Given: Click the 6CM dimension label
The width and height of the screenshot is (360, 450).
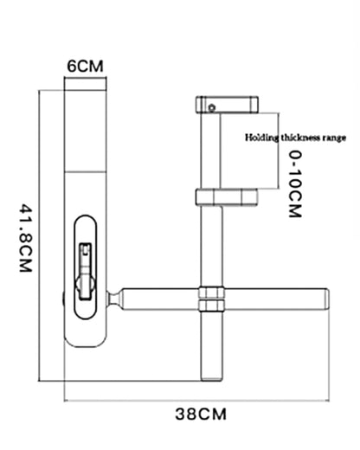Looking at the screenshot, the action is pyautogui.click(x=85, y=66).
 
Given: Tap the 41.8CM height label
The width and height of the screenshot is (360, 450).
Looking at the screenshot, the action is pyautogui.click(x=26, y=238).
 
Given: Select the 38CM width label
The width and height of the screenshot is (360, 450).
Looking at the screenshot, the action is pyautogui.click(x=201, y=414).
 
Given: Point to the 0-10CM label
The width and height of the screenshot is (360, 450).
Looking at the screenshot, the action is pyautogui.click(x=295, y=184).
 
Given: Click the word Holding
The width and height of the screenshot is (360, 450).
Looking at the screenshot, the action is pyautogui.click(x=261, y=138).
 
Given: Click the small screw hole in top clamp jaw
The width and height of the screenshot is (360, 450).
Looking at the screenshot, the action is pyautogui.click(x=212, y=108).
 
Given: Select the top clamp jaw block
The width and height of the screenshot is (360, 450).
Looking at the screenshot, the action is pyautogui.click(x=227, y=105).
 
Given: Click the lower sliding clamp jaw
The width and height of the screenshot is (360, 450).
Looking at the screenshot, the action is pyautogui.click(x=226, y=196).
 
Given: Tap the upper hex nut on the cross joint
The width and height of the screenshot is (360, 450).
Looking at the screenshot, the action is pyautogui.click(x=211, y=292).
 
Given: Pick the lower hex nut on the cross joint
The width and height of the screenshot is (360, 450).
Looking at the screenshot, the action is pyautogui.click(x=211, y=305).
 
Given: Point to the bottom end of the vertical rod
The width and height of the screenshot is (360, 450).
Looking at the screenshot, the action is pyautogui.click(x=212, y=380).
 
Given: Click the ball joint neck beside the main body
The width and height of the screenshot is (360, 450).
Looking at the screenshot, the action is pyautogui.click(x=113, y=299).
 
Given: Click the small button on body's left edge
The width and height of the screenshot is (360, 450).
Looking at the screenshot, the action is pyautogui.click(x=63, y=299).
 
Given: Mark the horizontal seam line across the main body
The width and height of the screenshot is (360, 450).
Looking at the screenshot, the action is pyautogui.click(x=86, y=172).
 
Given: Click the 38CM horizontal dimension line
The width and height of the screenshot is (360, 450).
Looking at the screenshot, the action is pyautogui.click(x=196, y=401).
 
